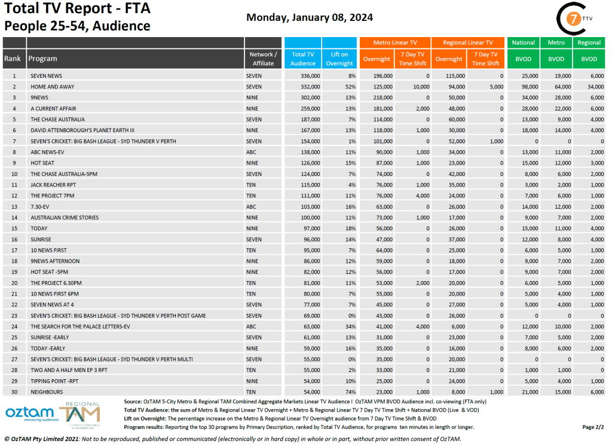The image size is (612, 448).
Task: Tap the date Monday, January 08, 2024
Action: point(310,17)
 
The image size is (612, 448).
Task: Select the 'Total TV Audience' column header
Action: point(303,59)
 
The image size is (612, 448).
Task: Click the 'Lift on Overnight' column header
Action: point(339,59)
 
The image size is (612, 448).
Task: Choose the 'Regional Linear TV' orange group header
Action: point(467,42)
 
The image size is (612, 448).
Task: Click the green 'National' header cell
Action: point(523,42)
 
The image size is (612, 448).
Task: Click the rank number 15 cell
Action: point(14,228)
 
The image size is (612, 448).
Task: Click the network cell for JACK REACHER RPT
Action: point(251,185)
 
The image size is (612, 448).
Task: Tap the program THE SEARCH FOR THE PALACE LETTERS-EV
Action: point(80,327)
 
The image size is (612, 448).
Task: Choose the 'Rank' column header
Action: point(13,59)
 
